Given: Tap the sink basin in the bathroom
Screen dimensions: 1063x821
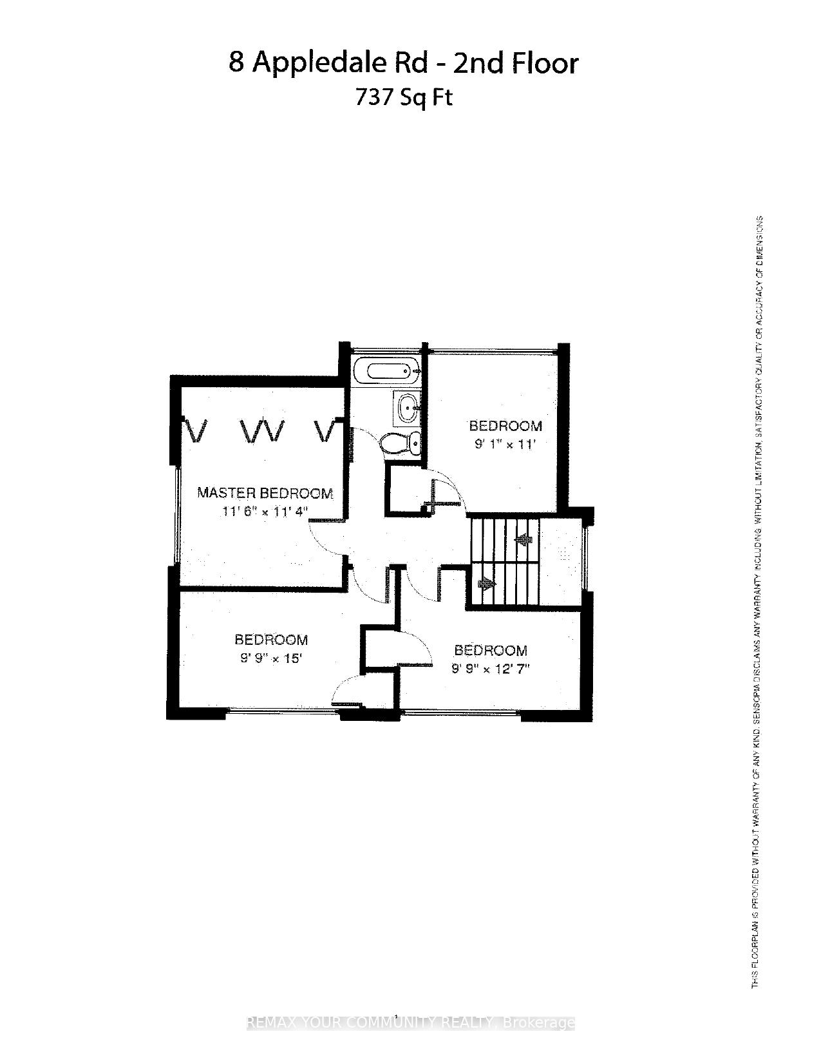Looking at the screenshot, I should (x=407, y=407).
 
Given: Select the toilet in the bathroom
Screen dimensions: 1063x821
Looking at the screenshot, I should (x=401, y=443).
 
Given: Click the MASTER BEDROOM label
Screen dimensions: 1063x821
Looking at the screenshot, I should (x=265, y=493).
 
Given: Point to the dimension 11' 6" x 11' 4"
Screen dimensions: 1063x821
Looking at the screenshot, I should (x=265, y=512).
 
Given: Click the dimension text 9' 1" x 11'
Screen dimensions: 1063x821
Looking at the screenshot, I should (x=505, y=444).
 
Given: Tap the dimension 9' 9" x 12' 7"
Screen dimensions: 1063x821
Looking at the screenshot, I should (x=490, y=669).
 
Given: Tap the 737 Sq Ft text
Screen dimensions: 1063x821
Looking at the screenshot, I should (x=404, y=97).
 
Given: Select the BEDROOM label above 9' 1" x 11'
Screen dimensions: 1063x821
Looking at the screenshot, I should (x=505, y=426).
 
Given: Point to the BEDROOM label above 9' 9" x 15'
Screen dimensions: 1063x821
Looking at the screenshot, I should (x=271, y=640).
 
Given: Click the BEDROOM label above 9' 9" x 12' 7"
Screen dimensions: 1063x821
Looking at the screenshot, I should (x=491, y=650).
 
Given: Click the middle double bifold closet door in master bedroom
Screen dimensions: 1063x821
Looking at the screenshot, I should (x=261, y=430).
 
